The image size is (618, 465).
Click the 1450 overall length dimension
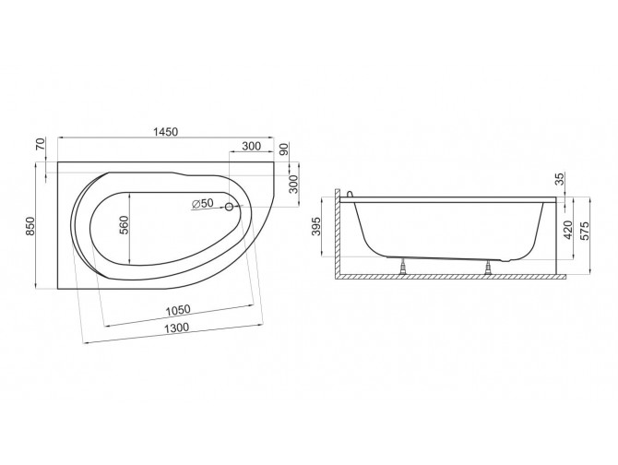point(165,132)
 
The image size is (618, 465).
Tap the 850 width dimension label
point(30,226)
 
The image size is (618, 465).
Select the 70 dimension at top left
point(41,145)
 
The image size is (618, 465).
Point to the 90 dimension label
point(284,149)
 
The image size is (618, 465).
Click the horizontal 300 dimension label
point(252,146)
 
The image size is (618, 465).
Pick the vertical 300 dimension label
point(293,185)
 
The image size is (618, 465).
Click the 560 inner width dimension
point(125,225)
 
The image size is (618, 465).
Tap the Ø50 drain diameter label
point(202,203)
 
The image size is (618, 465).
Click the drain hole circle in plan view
point(229,207)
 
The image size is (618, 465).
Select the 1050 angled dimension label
point(177,310)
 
